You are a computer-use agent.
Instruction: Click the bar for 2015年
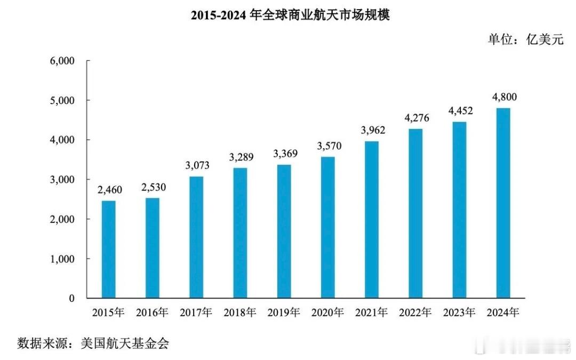[108, 250]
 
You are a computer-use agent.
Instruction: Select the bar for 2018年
[240, 233]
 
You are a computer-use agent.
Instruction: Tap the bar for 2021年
[372, 220]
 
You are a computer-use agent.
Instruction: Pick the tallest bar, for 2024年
[503, 203]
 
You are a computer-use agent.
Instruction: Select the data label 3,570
[327, 146]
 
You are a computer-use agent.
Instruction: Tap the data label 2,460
[108, 189]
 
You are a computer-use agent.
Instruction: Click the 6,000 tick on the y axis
[63, 61]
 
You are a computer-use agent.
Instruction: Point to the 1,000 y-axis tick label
[63, 259]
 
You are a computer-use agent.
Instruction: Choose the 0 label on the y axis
[71, 299]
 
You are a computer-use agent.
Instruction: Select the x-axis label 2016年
[152, 313]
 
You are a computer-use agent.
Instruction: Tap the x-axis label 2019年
[284, 313]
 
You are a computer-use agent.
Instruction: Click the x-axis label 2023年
[459, 313]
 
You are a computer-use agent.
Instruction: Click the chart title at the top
[291, 15]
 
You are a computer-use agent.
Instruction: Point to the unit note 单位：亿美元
[525, 39]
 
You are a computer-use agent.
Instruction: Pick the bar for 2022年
[415, 213]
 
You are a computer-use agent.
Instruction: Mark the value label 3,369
[284, 154]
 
